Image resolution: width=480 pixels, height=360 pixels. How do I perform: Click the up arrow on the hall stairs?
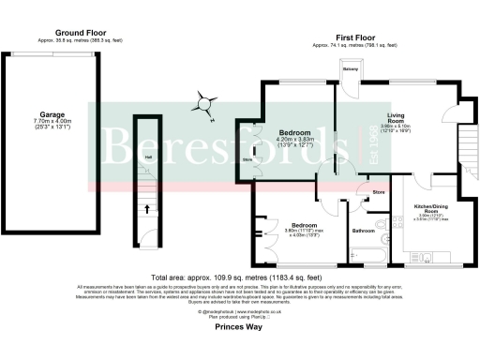(145, 211)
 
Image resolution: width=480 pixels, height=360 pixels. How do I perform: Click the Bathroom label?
(363, 230)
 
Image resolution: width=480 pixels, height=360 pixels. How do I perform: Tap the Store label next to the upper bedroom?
(247, 160)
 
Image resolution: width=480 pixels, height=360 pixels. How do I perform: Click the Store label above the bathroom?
(378, 192)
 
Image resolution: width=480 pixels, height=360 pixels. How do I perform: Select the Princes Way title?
(239, 329)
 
